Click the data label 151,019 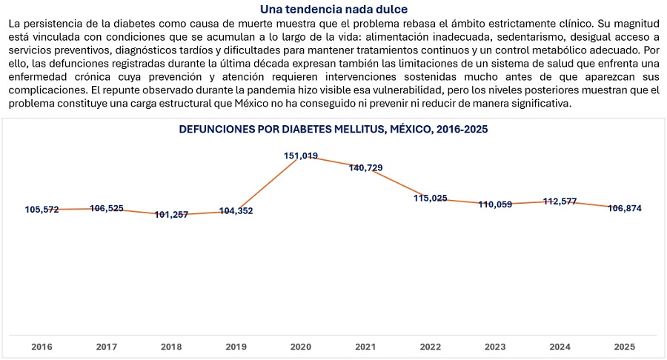point(301,156)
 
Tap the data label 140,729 point(365,168)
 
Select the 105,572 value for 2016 point(42,210)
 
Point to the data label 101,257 point(171,215)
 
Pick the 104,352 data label point(236,211)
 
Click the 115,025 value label point(431,198)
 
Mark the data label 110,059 point(495,204)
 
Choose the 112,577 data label point(560,201)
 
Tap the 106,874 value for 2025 point(625,208)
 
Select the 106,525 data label point(106,208)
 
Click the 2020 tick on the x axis point(301,347)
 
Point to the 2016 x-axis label point(42,347)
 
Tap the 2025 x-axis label point(625,347)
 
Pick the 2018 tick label point(171,347)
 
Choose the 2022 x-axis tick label point(431,347)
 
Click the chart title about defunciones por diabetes point(333,129)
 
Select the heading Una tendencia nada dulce point(334,10)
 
